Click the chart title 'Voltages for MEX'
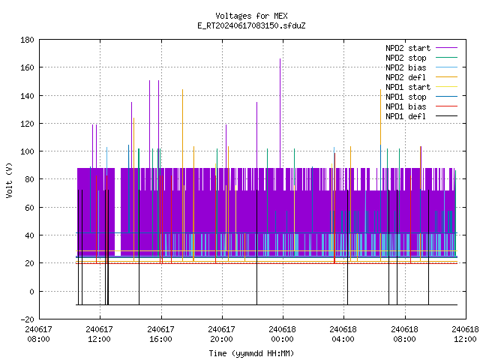tap(251, 16)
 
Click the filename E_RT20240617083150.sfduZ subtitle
tap(251, 25)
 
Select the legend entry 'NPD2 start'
tap(408, 48)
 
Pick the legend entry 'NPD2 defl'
tap(406, 77)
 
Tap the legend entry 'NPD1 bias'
tap(406, 106)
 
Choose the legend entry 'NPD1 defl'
tap(406, 116)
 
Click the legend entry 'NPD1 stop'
tap(406, 97)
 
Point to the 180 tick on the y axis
tap(27, 40)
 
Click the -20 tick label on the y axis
tap(27, 319)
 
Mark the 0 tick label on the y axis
tap(31, 292)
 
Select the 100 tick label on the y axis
tap(27, 151)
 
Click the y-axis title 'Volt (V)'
tap(9, 180)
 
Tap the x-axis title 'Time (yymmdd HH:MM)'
tap(251, 353)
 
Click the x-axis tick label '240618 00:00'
tap(282, 334)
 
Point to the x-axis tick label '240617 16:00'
tap(160, 334)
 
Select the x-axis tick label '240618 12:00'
tap(465, 334)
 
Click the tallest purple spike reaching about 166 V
tap(280, 113)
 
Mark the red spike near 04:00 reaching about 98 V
tap(335, 208)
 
